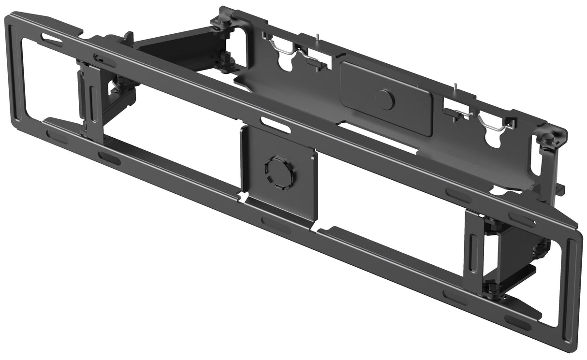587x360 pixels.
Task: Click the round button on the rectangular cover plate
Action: point(385,100)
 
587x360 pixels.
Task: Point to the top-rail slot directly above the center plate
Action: point(276,125)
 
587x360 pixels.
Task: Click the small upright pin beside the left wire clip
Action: point(317,39)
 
